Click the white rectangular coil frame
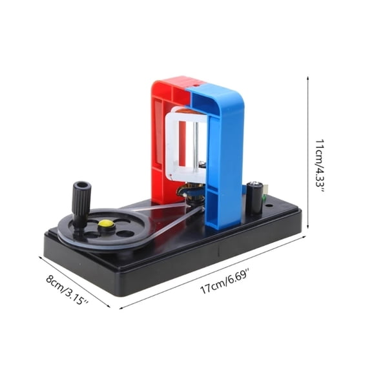(x=187, y=145)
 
